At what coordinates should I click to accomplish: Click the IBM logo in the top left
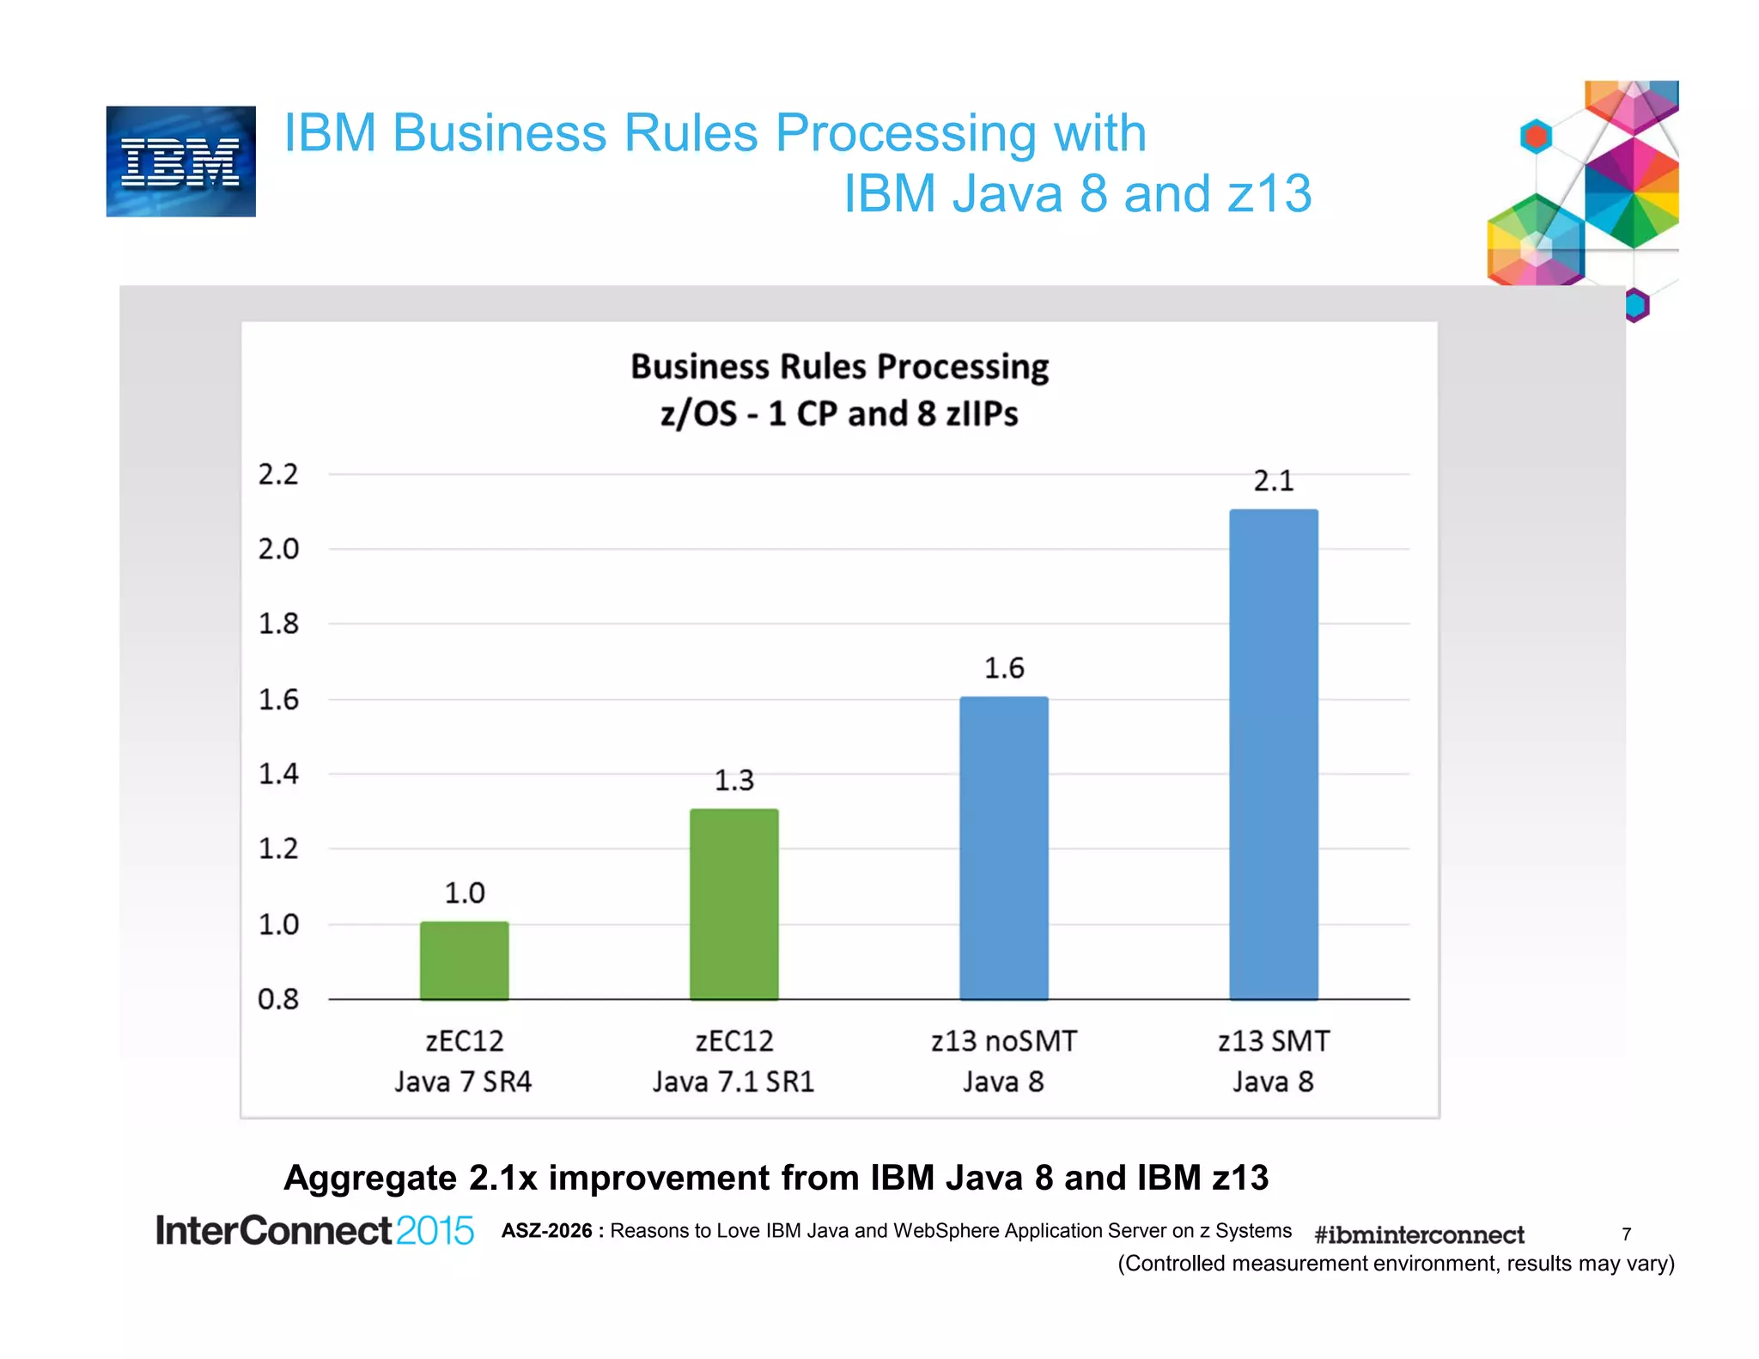(180, 161)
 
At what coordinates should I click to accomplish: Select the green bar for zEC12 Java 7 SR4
(464, 960)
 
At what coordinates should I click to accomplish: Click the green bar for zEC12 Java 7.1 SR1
(733, 904)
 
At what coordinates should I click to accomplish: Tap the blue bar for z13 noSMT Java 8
(1003, 848)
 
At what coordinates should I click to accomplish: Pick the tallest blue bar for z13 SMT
(1273, 754)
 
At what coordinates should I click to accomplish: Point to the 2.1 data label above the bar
(1273, 481)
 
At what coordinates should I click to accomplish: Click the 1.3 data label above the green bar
(733, 780)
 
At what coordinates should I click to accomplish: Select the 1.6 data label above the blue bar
(1003, 668)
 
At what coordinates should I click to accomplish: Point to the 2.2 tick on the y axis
(278, 474)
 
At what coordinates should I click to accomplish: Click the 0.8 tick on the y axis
(278, 999)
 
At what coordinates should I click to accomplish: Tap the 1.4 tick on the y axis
(278, 774)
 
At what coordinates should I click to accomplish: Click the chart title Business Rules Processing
(839, 367)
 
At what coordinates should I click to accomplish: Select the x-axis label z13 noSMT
(1003, 1041)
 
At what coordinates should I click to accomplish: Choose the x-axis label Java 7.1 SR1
(733, 1082)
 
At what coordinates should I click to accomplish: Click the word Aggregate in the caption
(370, 1178)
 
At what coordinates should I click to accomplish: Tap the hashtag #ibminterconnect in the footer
(1419, 1234)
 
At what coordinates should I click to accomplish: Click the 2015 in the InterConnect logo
(435, 1231)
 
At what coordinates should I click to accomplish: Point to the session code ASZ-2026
(547, 1231)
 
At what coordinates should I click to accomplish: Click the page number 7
(1626, 1234)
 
